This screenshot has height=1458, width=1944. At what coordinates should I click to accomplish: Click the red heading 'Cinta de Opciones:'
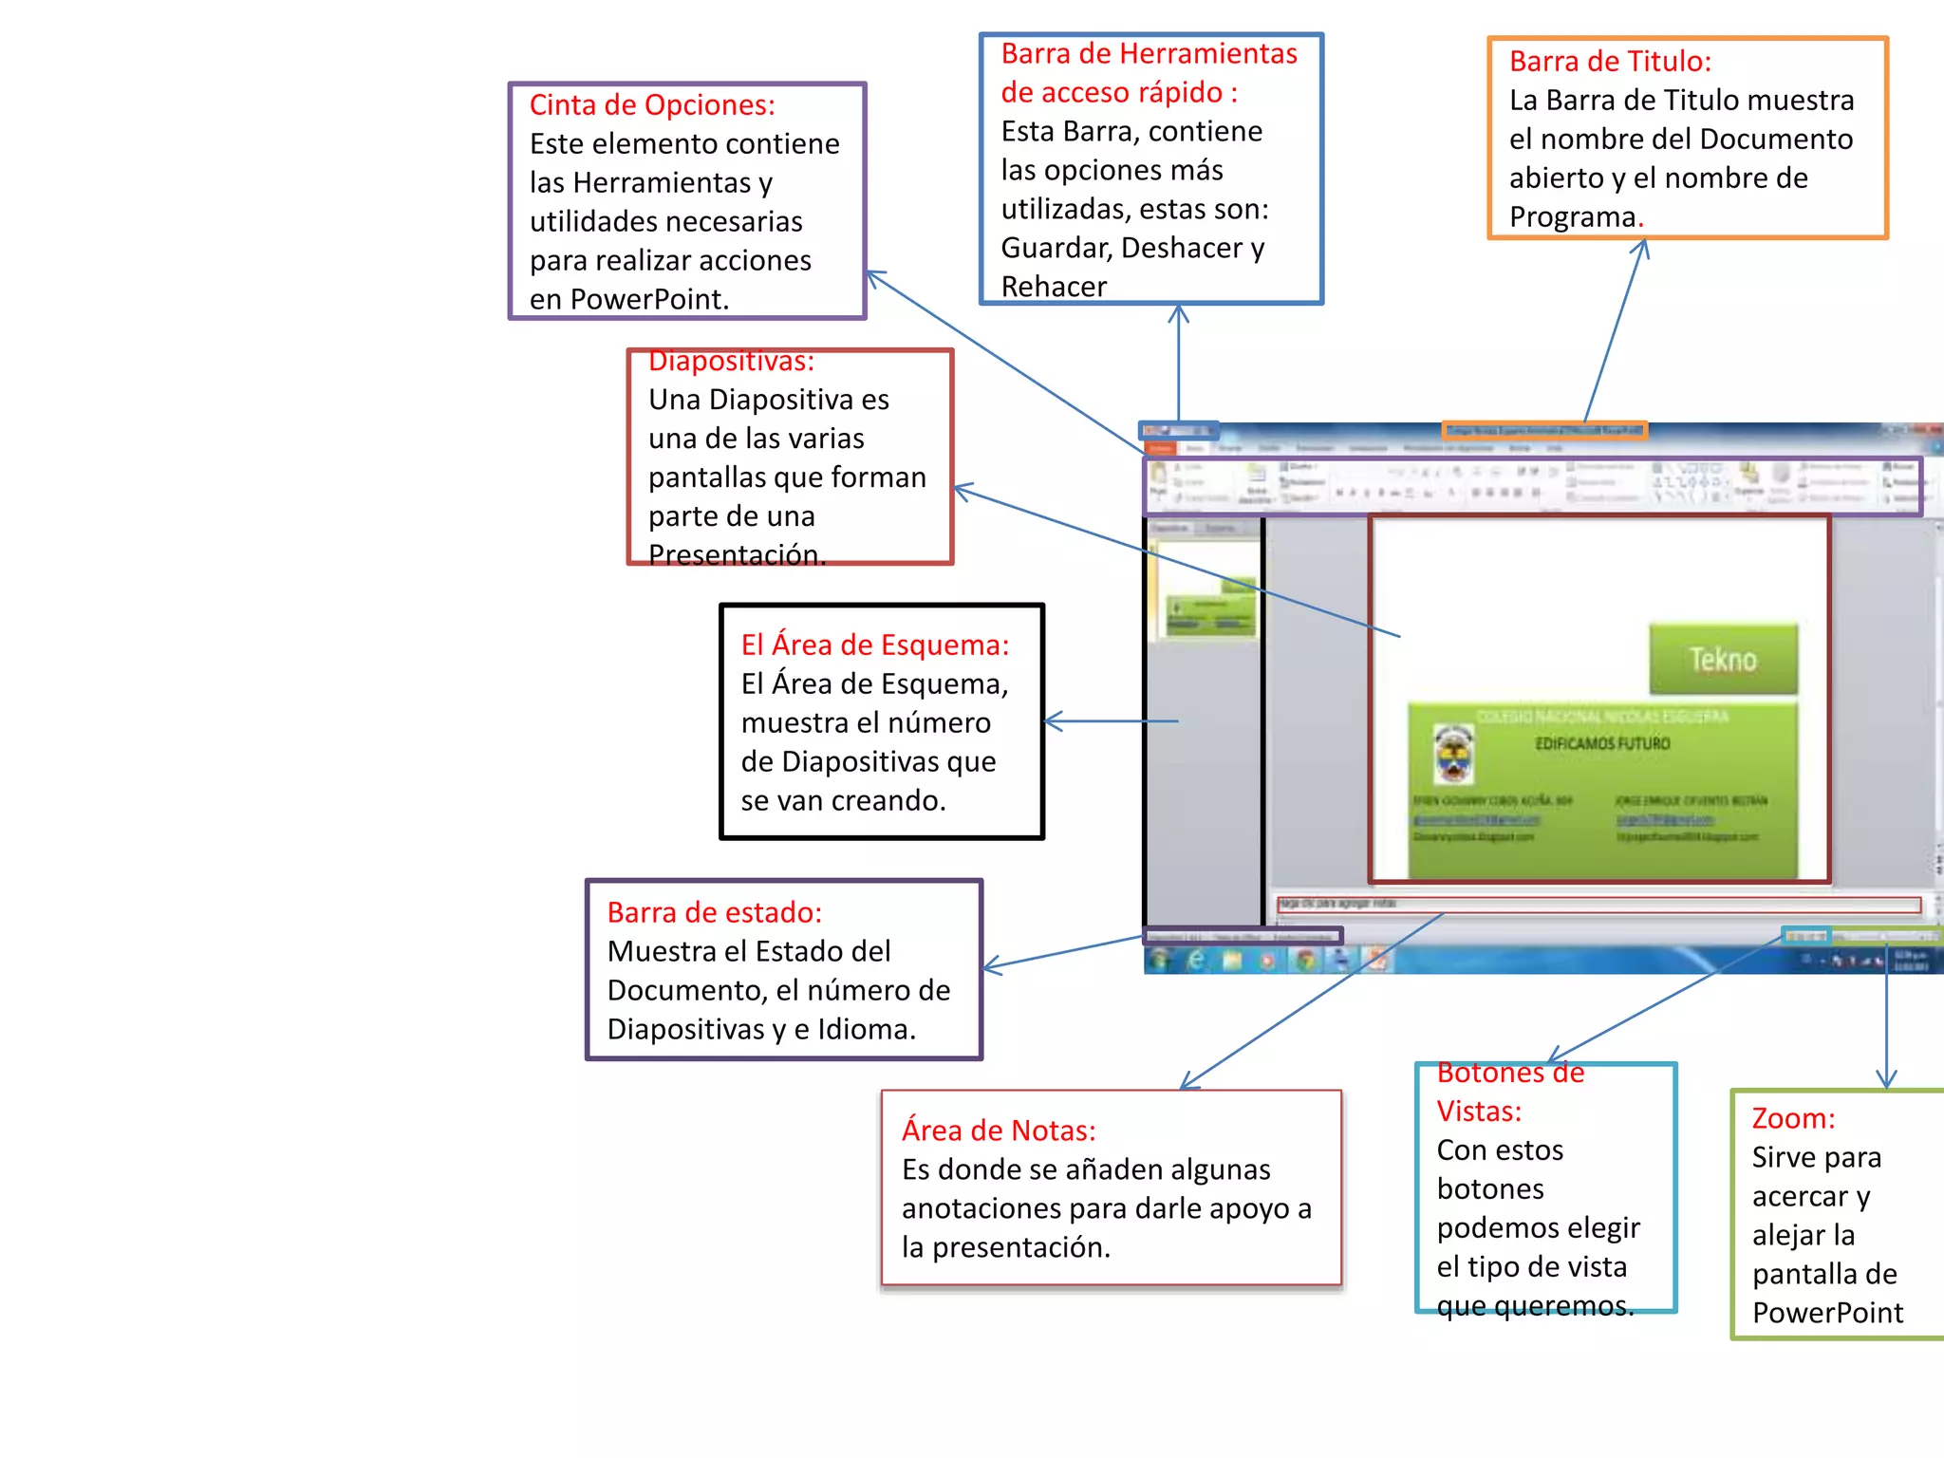tap(652, 105)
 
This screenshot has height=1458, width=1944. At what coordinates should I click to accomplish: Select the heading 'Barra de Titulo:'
tap(1610, 62)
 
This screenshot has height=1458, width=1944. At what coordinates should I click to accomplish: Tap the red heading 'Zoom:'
tap(1793, 1119)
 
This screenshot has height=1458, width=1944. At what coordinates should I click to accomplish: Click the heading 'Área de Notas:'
tap(999, 1131)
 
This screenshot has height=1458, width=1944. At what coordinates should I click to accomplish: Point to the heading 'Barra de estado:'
tap(714, 912)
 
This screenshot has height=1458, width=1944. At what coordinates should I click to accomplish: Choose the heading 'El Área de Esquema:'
tap(874, 645)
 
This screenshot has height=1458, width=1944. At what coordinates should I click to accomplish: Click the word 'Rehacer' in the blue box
tap(1054, 287)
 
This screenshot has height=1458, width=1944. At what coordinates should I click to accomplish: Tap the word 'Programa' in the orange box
tap(1572, 217)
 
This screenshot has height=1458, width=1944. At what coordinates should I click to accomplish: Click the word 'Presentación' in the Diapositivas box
tap(735, 554)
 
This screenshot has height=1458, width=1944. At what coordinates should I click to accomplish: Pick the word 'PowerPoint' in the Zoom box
tap(1827, 1313)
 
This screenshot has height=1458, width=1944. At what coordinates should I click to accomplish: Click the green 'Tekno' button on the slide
tap(1723, 660)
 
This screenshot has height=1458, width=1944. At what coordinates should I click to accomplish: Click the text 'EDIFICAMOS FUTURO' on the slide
tap(1602, 744)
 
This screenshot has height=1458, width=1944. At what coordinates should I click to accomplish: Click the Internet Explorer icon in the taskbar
tap(1197, 961)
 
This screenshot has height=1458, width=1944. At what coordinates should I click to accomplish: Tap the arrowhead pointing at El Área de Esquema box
tap(1050, 721)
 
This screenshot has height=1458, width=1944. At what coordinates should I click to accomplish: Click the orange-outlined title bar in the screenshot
tap(1543, 431)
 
